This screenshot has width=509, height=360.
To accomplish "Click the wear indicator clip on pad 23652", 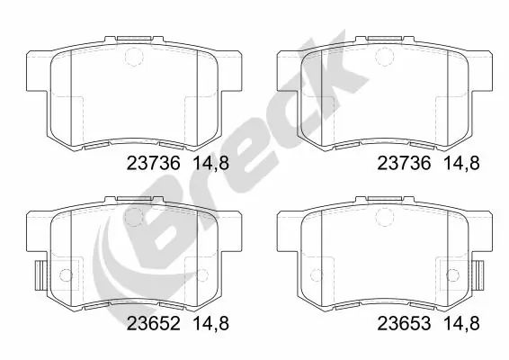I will [x=39, y=274].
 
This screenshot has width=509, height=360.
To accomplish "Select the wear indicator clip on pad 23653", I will [x=478, y=274].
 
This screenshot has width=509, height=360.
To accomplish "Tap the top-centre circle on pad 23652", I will [x=132, y=215].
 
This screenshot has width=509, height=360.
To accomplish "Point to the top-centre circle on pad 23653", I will [x=384, y=215].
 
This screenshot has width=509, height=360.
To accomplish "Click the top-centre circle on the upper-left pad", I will [x=132, y=56].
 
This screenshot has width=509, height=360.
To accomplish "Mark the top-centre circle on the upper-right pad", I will [x=384, y=56].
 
